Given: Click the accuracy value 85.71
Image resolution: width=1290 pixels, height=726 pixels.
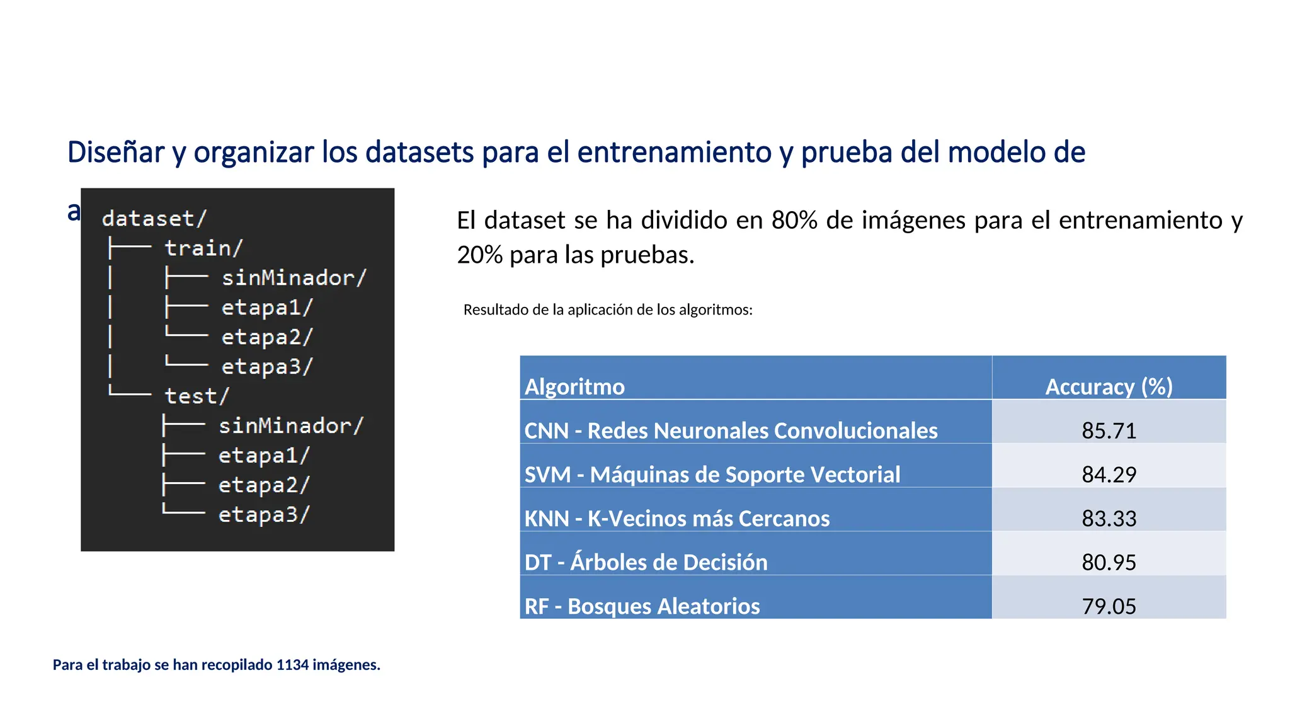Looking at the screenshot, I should [x=1109, y=430].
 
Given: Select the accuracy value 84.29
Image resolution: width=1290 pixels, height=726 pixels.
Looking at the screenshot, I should [x=1109, y=475].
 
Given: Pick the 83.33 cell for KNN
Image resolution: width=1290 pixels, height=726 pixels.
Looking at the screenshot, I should [x=1109, y=519].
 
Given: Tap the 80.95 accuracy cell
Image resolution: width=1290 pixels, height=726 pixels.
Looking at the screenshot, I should [x=1109, y=562].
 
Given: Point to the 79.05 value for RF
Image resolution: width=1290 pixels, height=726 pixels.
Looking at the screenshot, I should [x=1109, y=606].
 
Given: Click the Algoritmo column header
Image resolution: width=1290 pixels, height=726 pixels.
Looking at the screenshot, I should [x=574, y=386].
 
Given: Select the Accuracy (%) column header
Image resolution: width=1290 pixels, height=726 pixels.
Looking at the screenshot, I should [x=1109, y=386].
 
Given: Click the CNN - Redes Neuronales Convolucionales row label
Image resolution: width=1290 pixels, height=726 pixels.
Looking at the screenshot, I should [x=731, y=430].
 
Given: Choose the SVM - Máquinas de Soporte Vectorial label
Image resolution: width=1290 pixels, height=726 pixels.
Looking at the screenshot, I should [x=712, y=475].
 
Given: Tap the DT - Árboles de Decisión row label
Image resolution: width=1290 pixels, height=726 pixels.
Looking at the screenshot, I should [x=646, y=562].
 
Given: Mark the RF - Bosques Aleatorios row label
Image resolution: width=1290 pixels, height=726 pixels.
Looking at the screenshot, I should [x=642, y=606].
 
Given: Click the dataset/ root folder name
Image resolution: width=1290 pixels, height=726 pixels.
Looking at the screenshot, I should [x=154, y=219].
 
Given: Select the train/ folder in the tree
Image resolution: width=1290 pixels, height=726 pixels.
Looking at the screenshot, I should [x=203, y=248].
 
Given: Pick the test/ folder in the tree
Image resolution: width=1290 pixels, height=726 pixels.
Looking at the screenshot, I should [x=197, y=396].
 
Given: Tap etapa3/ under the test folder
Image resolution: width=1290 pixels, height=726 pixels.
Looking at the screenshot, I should [x=264, y=515].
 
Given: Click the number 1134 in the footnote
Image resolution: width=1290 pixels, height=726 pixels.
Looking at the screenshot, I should [x=292, y=665].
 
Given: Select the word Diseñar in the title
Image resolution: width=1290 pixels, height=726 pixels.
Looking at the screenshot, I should [x=115, y=153].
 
